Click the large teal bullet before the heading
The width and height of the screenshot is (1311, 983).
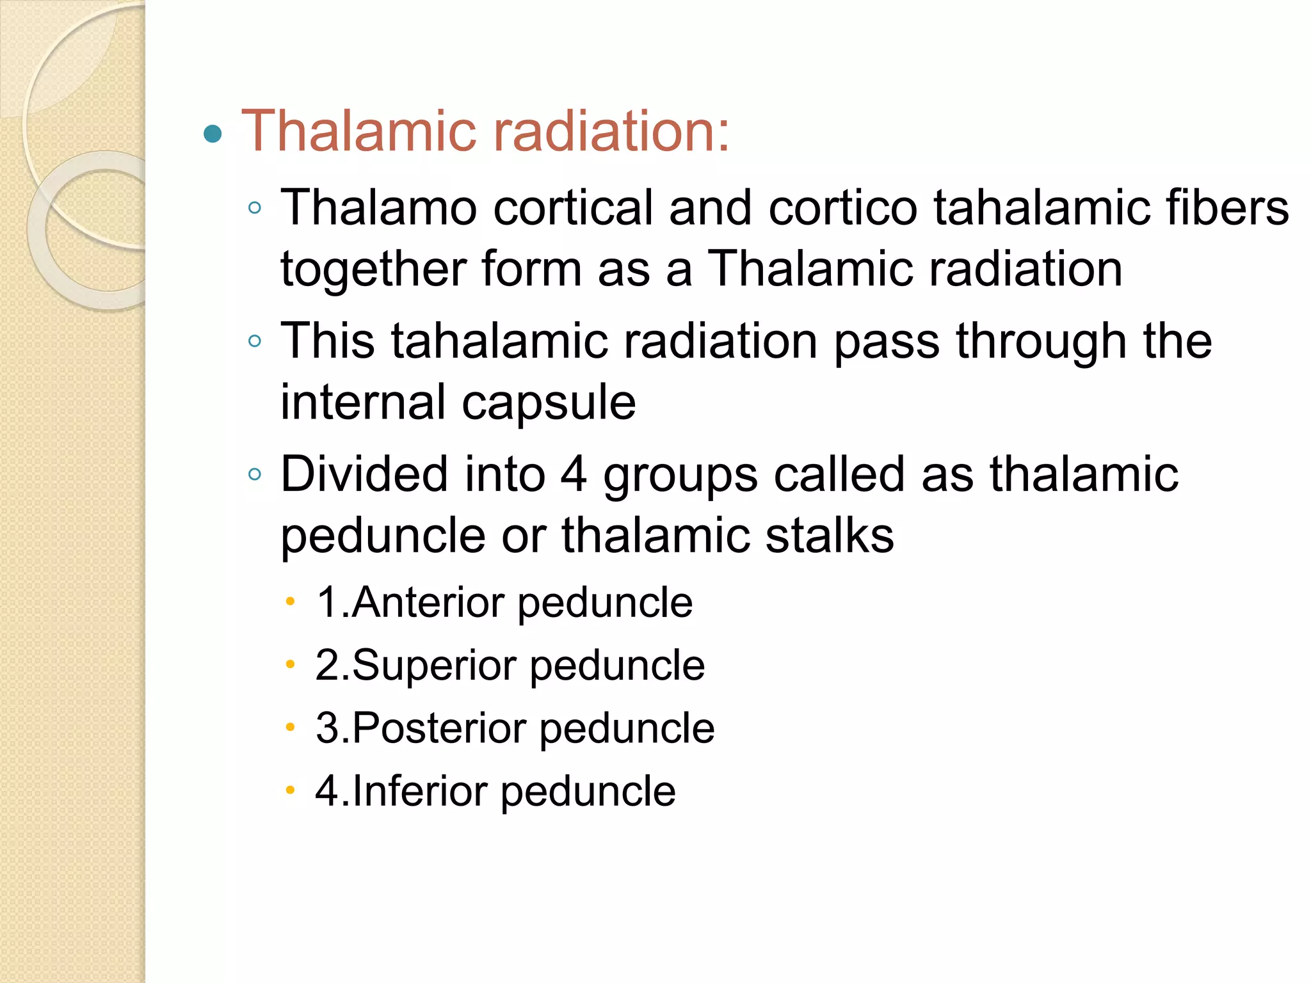pos(213,134)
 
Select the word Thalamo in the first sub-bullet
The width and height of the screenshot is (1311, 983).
pos(379,208)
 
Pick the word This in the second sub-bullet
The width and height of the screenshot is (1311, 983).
pos(328,340)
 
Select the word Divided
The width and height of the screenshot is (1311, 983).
pos(364,474)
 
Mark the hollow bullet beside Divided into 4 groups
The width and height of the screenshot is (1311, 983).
pos(255,474)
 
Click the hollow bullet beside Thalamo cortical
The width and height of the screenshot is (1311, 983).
pos(255,208)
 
